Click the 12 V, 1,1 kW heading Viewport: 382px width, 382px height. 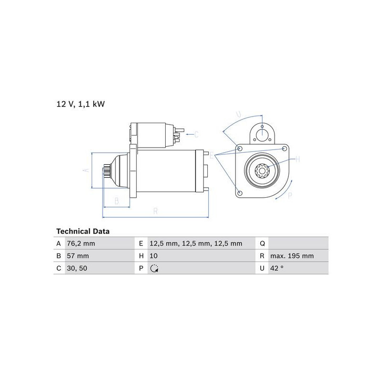(x=81, y=104)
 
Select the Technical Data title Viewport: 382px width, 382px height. (x=83, y=231)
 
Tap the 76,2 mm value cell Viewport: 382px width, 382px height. (x=81, y=244)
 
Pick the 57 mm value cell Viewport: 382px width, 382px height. (x=78, y=256)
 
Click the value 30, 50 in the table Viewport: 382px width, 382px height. (x=77, y=268)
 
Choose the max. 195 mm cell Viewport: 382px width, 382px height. (x=292, y=256)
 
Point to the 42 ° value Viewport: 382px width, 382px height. (x=277, y=268)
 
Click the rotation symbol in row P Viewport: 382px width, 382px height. (x=154, y=268)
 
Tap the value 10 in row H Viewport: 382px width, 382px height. (x=153, y=256)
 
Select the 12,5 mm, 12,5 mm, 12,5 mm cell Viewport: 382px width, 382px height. (x=196, y=244)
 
